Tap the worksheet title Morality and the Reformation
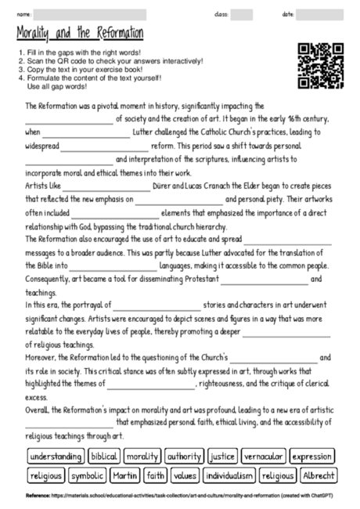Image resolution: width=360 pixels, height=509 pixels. pos(80,34)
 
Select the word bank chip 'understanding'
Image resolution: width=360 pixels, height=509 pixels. pos(56,457)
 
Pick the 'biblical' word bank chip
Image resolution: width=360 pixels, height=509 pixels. pos(104,457)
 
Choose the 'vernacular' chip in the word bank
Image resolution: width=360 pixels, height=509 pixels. pos(264,457)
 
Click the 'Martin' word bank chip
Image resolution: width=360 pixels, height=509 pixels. pos(124,475)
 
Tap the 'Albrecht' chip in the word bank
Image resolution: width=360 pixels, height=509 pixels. pos(319,475)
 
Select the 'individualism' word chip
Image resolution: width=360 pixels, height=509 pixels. pos(229,475)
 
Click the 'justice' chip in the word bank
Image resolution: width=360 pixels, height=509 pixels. pos(222,457)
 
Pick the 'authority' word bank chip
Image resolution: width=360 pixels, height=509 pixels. pos(185,457)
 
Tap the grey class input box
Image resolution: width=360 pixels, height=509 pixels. pos(242,14)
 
